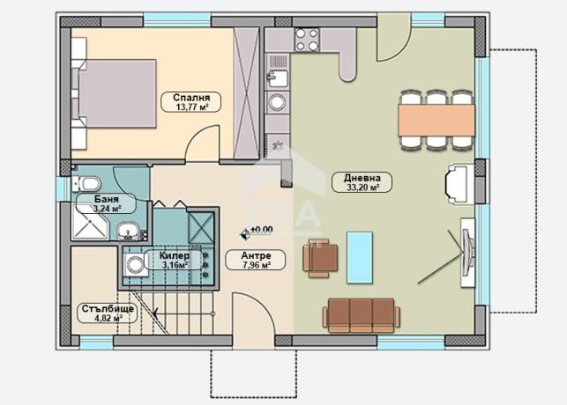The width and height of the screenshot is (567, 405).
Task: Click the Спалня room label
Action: tap(190, 102)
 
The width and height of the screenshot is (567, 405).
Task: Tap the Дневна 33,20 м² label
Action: tap(362, 182)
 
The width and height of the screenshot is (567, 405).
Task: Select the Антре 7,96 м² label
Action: tap(256, 260)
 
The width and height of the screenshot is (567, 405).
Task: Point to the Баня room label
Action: tap(106, 203)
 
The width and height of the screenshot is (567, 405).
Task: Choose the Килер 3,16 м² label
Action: tap(174, 260)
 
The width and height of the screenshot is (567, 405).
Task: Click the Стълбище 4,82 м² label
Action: tap(108, 313)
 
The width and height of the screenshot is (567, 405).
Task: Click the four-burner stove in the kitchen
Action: tap(307, 40)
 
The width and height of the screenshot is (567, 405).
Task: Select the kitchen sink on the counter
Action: tap(277, 77)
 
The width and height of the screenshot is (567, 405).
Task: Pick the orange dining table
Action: tap(436, 121)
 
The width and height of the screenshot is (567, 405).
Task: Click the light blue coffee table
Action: tap(360, 257)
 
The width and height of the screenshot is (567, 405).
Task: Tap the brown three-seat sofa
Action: tap(362, 315)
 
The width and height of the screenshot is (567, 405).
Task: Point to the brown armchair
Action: tap(320, 258)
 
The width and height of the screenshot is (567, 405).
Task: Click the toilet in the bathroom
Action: tap(86, 184)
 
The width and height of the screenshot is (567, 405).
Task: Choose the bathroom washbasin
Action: tap(128, 231)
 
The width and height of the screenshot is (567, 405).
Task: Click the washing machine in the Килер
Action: tap(135, 265)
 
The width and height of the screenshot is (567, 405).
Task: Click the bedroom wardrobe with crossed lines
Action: tap(247, 93)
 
